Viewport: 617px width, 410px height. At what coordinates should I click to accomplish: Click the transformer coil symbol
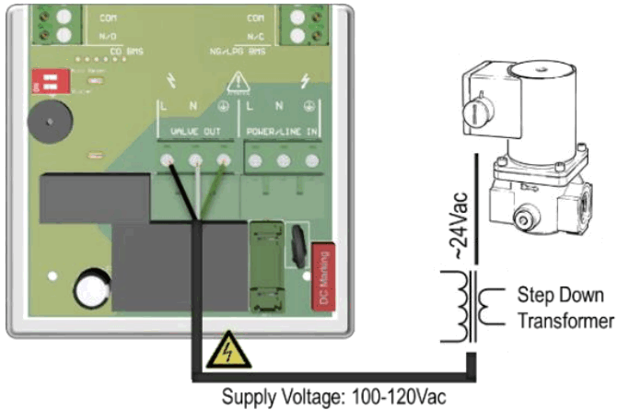click(473, 309)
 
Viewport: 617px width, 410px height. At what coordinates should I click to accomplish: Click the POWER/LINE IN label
click(281, 133)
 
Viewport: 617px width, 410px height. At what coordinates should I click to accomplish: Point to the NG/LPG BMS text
click(239, 52)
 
